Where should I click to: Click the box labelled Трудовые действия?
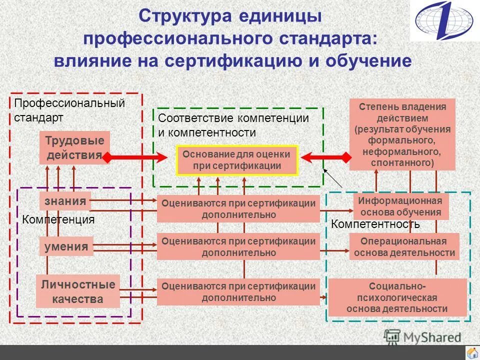74,147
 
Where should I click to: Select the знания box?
65,201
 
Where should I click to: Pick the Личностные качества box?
78,291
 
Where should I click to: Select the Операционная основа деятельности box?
404,246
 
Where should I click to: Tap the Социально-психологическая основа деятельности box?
397,297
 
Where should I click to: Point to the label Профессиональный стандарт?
68,110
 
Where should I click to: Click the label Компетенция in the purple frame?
58,219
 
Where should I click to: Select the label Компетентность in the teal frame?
375,224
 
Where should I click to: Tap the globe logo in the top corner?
444,21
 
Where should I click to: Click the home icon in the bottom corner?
471,352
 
